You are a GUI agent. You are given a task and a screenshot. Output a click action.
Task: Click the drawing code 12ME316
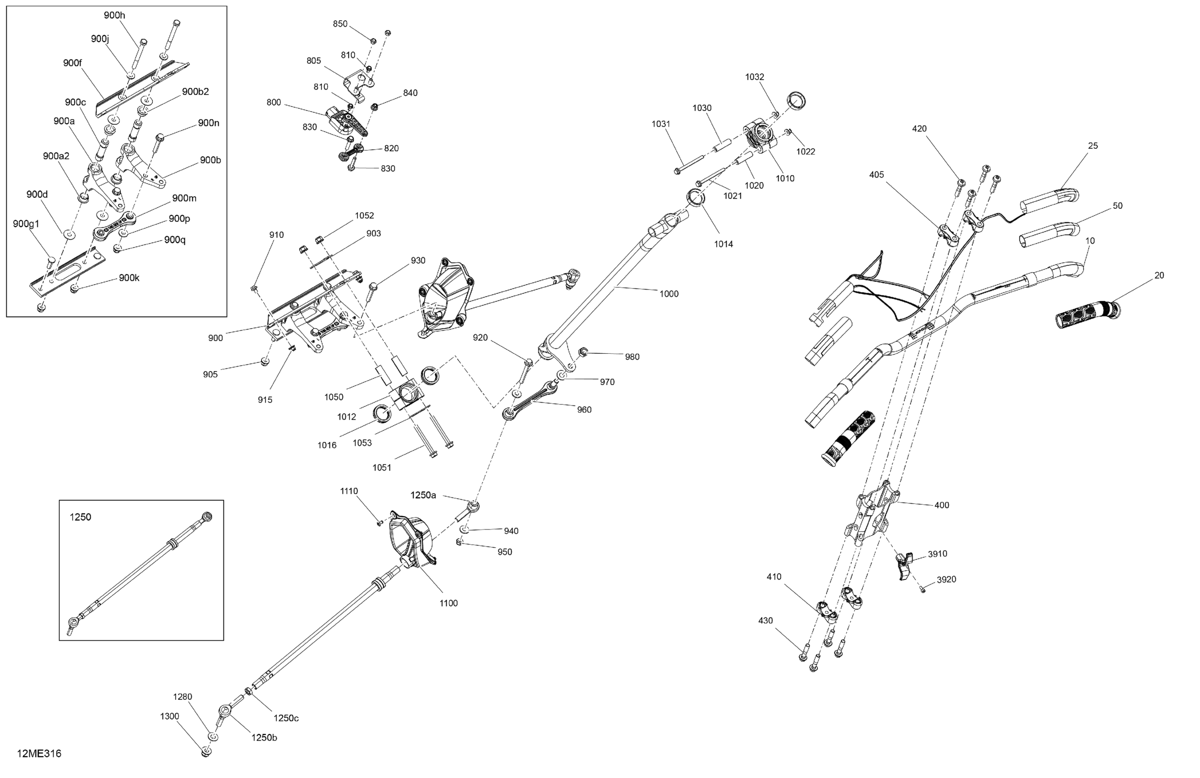click(x=39, y=754)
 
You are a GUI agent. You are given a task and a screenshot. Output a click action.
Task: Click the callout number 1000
click(x=669, y=294)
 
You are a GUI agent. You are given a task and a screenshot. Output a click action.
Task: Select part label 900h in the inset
click(x=114, y=16)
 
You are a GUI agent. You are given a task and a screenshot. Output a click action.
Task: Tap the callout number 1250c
click(x=286, y=719)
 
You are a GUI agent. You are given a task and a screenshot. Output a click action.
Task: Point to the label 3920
click(x=946, y=580)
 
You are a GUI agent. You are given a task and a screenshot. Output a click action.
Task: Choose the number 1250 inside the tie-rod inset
click(x=80, y=517)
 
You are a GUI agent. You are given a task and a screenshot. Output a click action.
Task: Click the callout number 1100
click(x=448, y=604)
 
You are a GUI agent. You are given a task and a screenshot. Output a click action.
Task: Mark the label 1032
click(x=754, y=77)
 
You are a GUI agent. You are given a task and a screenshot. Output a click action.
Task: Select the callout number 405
click(x=876, y=175)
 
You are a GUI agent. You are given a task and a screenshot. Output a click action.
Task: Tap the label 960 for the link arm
click(x=584, y=410)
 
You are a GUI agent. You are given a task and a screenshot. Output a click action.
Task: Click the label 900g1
click(x=26, y=224)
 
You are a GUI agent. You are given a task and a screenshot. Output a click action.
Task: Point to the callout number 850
click(x=340, y=24)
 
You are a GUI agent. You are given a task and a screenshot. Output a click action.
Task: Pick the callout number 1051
click(x=382, y=468)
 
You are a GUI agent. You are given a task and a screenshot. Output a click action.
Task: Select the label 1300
click(x=169, y=717)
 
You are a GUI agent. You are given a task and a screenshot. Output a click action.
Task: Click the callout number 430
click(x=765, y=621)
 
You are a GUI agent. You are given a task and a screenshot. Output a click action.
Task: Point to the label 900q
click(x=174, y=240)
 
